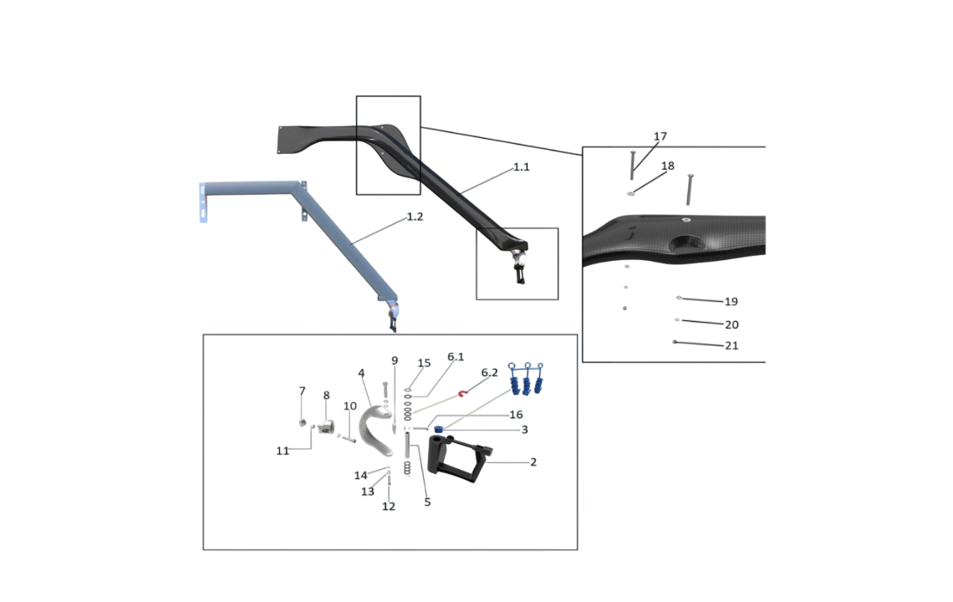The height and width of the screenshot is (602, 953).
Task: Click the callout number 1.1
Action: point(521,167)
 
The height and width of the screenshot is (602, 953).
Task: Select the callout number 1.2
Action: point(415,217)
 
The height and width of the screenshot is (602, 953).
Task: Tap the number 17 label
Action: point(660,136)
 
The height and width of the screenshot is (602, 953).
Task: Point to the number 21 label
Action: point(731,345)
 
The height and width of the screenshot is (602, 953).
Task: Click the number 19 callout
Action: point(731,302)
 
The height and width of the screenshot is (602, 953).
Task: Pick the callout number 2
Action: point(533,462)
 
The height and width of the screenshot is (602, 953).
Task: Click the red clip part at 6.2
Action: point(461,393)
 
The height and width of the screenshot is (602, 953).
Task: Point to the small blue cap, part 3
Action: point(438,429)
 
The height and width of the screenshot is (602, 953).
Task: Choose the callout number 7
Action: point(303,391)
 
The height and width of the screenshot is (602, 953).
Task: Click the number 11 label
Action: point(283,451)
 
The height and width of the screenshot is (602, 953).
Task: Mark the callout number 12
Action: point(389,507)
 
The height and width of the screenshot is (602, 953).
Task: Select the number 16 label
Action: point(516,415)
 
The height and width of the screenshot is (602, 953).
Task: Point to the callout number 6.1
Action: point(456,357)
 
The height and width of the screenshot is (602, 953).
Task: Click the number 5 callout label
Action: point(427,503)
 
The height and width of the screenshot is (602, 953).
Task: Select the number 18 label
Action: point(667,166)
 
